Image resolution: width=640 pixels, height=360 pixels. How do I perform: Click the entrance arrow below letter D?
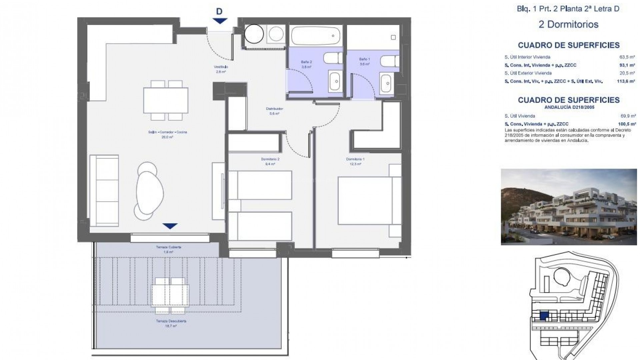(x=220, y=21)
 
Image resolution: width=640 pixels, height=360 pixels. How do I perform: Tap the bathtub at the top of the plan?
(x=315, y=36)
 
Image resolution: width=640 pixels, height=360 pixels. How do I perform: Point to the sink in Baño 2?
(x=336, y=81)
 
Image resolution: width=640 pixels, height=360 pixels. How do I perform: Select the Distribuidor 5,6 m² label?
(x=274, y=111)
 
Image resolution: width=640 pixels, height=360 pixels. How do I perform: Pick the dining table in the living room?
(x=166, y=100)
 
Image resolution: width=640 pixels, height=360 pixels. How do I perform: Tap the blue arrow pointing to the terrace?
(x=170, y=226)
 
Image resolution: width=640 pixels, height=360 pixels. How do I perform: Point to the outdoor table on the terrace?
(x=170, y=296)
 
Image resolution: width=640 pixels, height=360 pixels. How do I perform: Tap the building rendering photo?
(x=569, y=207)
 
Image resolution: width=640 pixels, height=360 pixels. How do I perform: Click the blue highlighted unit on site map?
(x=544, y=316)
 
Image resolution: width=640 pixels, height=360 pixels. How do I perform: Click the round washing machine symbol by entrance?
(x=254, y=34)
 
